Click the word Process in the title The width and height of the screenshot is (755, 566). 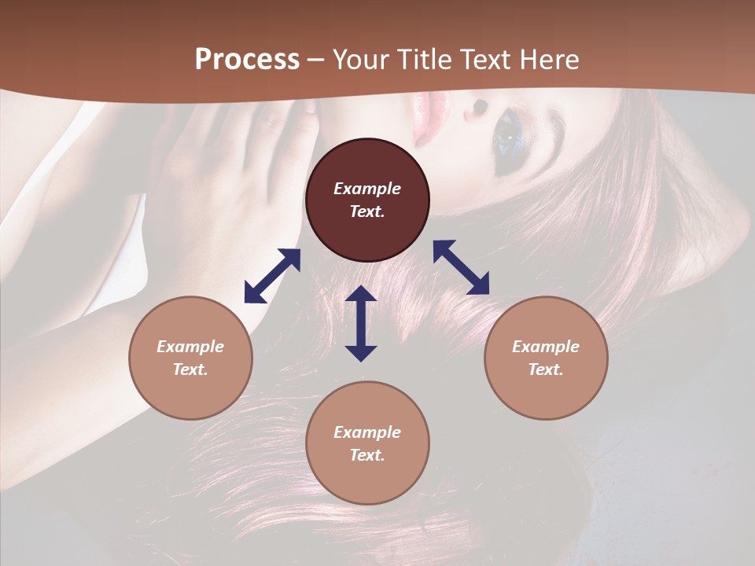[x=247, y=60]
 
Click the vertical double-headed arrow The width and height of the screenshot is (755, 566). [x=361, y=323]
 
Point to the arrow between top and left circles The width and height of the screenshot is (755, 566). [x=272, y=276]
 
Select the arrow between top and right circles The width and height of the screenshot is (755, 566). [x=462, y=267]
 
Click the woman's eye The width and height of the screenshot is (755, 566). [x=507, y=137]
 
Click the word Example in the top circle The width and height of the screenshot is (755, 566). [x=367, y=189]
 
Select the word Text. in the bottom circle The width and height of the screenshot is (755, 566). [x=367, y=455]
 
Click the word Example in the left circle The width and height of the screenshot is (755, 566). [x=190, y=347]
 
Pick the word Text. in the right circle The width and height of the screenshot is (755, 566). [x=545, y=369]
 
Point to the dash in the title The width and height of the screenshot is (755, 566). [x=315, y=60]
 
